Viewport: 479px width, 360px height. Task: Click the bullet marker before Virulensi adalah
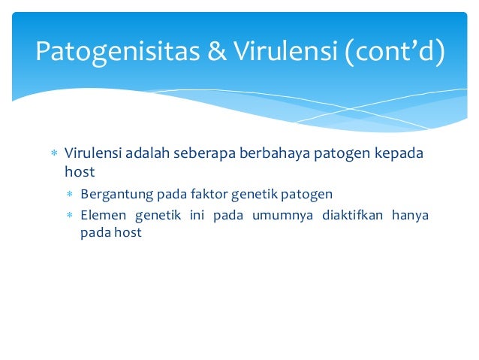pyautogui.click(x=53, y=154)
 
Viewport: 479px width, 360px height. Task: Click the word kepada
pyautogui.click(x=399, y=153)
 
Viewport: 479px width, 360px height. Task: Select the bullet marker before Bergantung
pyautogui.click(x=69, y=195)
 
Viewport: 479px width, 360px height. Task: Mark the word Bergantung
pyautogui.click(x=116, y=195)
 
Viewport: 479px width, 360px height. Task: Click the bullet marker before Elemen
pyautogui.click(x=69, y=216)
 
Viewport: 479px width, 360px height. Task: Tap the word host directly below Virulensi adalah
pyautogui.click(x=80, y=172)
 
